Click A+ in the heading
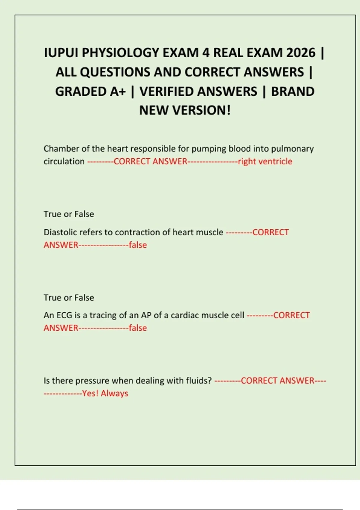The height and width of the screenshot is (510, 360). click(x=118, y=91)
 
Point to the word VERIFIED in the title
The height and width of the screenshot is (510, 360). click(x=198, y=91)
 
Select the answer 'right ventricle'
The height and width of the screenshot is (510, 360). click(x=265, y=161)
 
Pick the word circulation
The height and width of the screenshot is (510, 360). click(x=64, y=161)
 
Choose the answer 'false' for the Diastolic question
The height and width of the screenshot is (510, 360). click(x=138, y=245)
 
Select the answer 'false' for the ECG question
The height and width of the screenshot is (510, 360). click(x=138, y=328)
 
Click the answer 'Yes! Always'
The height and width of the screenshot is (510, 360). click(x=105, y=393)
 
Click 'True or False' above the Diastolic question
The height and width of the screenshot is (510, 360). click(x=69, y=214)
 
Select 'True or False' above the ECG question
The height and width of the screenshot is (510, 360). click(x=69, y=298)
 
